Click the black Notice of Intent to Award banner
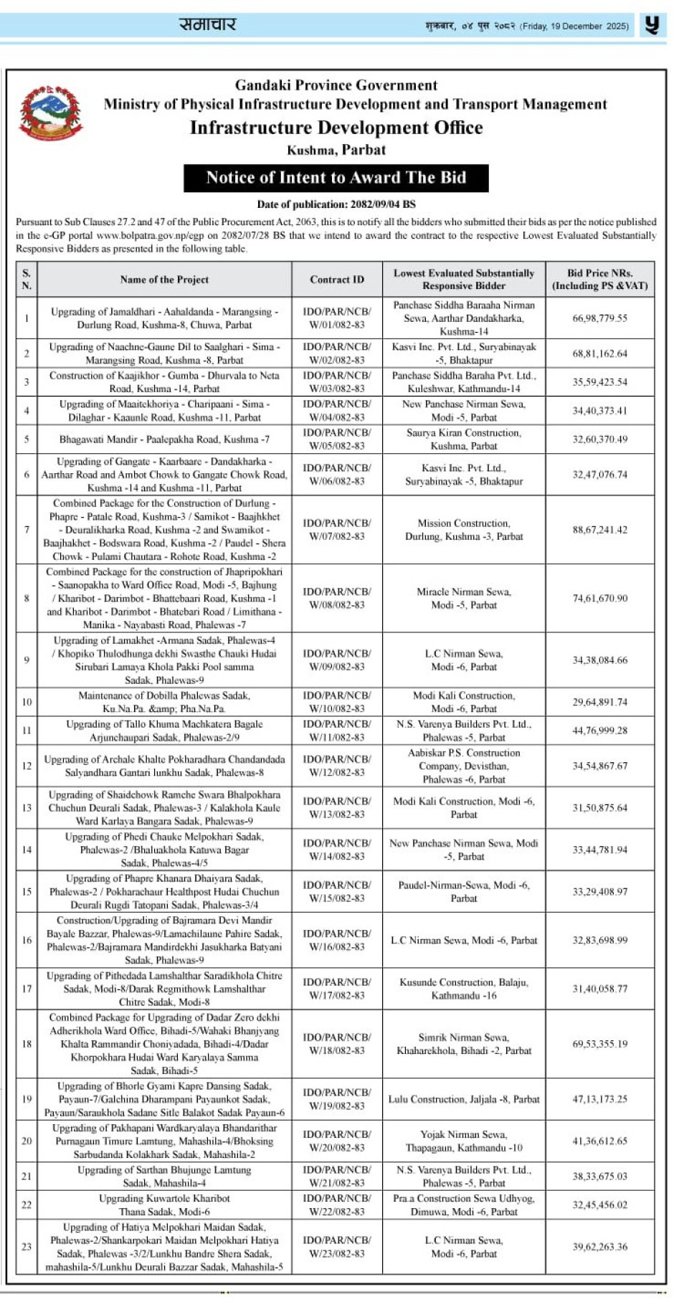(x=336, y=178)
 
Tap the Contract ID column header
(x=337, y=280)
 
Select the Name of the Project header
(x=164, y=280)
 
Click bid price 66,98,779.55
(x=599, y=318)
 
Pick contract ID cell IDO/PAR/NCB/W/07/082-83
(x=337, y=530)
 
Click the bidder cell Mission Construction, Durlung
(x=464, y=530)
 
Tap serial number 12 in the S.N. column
(x=27, y=766)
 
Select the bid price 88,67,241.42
(x=599, y=530)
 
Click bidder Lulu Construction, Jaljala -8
(x=464, y=1099)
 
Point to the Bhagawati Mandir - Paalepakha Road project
(x=164, y=439)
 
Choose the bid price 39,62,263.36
(x=599, y=1247)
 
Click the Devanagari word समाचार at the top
(x=207, y=24)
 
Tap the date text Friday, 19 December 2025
(x=574, y=27)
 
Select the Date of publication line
(x=336, y=204)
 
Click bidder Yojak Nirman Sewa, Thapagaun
(x=464, y=1141)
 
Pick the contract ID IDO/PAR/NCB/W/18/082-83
(x=337, y=1044)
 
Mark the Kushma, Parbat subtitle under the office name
(x=336, y=150)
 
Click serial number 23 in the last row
(x=27, y=1247)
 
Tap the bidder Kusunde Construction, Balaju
(x=464, y=989)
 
